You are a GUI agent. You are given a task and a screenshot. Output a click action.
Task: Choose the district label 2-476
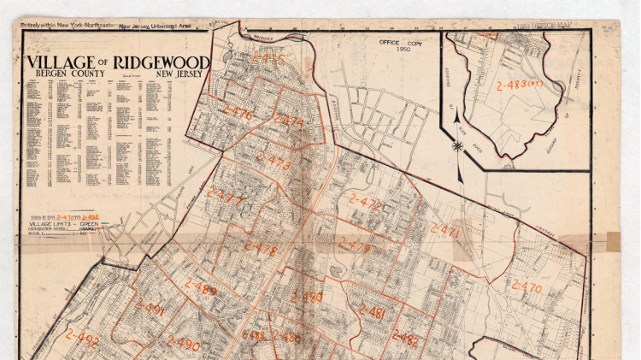pos(237,113)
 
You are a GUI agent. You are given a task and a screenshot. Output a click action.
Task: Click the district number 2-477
pos(226,200)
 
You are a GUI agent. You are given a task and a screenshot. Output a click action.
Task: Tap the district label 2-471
pos(444,231)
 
